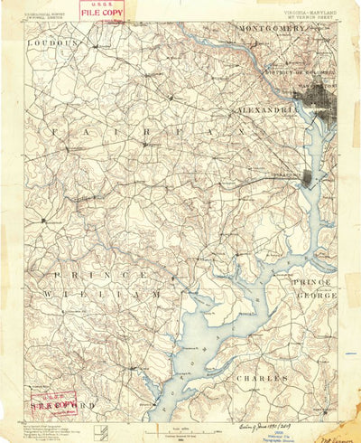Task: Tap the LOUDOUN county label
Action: click(52, 42)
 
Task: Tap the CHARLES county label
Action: click(264, 377)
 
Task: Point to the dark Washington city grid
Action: click(311, 102)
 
